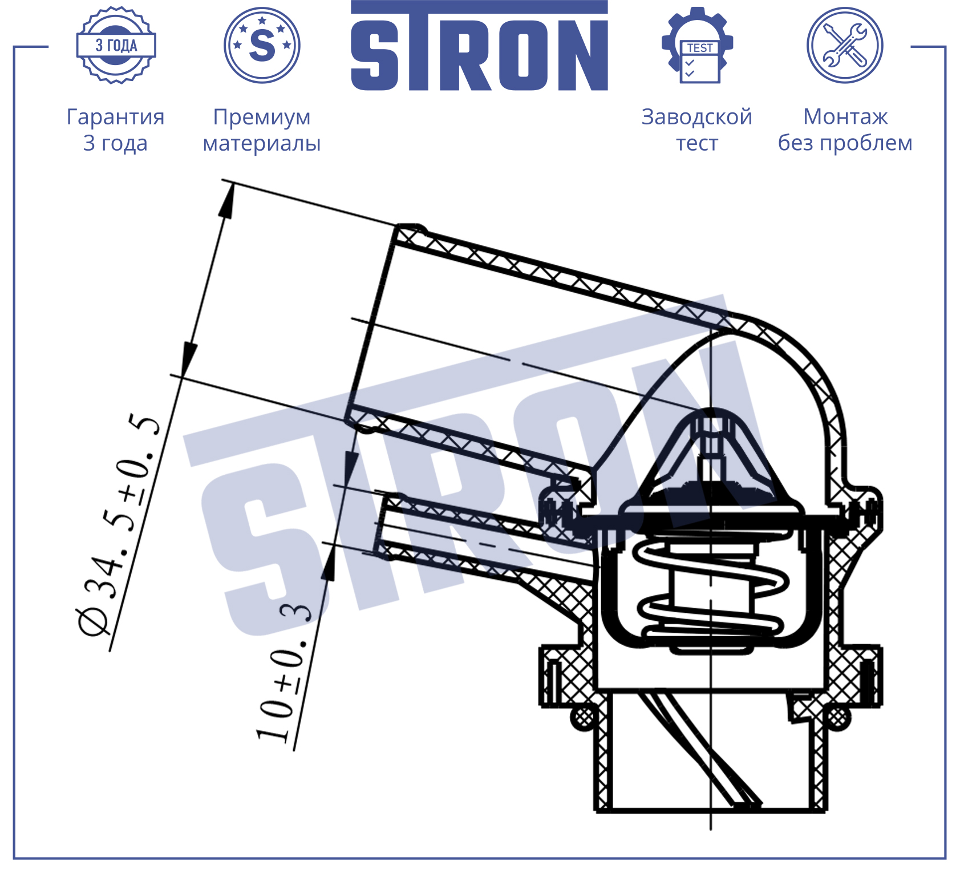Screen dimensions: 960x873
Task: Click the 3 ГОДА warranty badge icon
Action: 116,45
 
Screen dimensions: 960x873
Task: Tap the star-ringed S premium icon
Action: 262,45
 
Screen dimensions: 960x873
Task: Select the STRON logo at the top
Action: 479,46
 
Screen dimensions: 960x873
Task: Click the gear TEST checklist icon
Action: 698,45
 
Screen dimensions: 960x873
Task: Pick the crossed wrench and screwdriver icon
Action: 845,45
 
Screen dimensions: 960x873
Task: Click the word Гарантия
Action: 116,117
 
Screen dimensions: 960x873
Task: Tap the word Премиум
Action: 262,118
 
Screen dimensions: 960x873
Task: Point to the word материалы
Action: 262,143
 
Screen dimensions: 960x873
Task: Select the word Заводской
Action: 697,117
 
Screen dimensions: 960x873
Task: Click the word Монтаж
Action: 845,117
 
